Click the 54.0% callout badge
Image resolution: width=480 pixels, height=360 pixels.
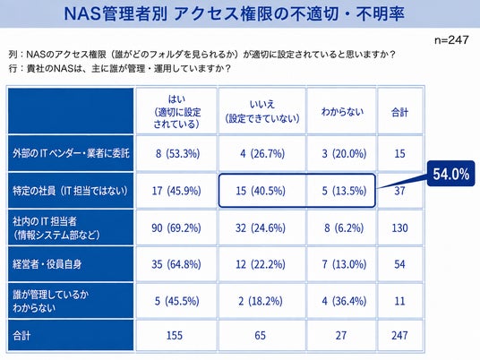[x=450, y=174]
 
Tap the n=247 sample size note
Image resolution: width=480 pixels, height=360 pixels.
[x=451, y=39]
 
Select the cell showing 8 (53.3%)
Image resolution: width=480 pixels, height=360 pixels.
[x=177, y=153]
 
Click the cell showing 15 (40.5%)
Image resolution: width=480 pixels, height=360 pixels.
[x=261, y=191]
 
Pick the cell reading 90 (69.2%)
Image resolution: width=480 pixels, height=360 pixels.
[x=176, y=227]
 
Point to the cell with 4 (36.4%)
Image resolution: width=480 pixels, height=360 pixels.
[x=344, y=301]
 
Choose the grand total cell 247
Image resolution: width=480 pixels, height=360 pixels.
[x=399, y=335]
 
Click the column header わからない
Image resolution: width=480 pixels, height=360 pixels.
[x=343, y=111]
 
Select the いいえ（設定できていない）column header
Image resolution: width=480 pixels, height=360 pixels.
[x=262, y=111]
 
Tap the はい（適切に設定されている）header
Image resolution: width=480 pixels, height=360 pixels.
[x=176, y=111]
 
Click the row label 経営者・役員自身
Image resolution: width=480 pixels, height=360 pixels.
[x=47, y=264]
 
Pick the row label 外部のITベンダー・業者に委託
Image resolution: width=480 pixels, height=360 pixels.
[x=71, y=153]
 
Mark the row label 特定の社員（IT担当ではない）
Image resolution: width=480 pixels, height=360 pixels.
[x=70, y=191]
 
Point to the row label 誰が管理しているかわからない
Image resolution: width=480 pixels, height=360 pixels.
[x=51, y=301]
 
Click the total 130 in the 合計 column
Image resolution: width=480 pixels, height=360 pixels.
[x=399, y=227]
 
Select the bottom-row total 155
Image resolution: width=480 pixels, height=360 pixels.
[x=175, y=335]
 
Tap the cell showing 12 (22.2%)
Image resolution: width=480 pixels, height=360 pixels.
[x=261, y=264]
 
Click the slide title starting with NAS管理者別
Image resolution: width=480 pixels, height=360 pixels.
[x=235, y=13]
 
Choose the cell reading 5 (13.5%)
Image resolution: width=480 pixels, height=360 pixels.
[x=344, y=191]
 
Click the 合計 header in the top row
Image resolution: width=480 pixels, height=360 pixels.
[x=399, y=112]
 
